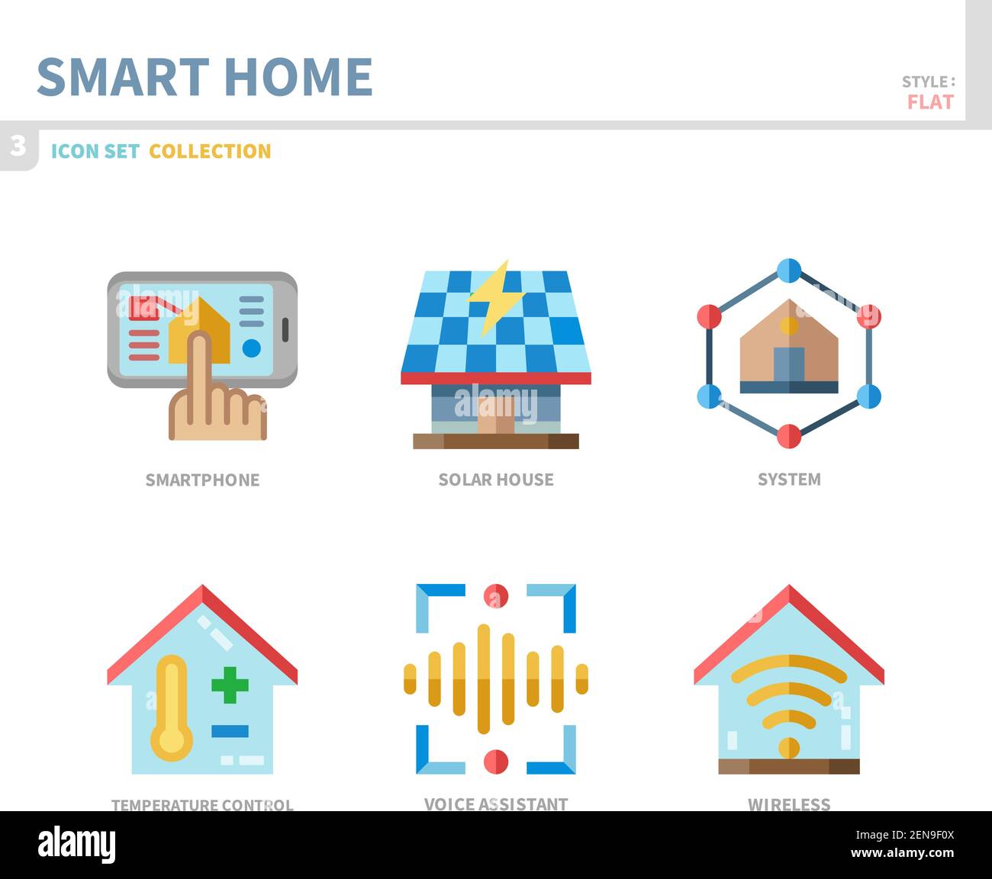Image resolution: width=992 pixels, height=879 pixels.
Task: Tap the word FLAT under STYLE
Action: point(930,102)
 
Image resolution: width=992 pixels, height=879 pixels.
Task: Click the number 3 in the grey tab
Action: point(18,145)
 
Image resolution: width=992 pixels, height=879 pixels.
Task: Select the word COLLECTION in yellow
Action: point(210,151)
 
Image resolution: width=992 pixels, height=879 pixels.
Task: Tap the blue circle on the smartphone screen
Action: point(251,348)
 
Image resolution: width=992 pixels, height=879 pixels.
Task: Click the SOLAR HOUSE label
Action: point(496,480)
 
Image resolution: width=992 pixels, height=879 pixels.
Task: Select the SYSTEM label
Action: point(789,480)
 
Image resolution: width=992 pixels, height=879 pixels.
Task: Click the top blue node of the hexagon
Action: point(789,270)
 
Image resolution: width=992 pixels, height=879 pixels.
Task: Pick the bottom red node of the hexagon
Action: point(789,436)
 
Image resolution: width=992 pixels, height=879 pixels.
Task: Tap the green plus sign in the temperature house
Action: point(230,685)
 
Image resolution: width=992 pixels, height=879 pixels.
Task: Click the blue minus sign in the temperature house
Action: point(230,731)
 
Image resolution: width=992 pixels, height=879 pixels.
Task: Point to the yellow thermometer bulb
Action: point(171,739)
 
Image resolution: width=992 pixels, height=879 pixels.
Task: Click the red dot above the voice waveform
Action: point(496,596)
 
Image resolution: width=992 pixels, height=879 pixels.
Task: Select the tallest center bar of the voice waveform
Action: point(483,679)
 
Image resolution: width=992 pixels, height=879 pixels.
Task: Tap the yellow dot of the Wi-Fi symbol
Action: point(789,748)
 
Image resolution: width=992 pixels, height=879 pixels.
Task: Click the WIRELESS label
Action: point(789,804)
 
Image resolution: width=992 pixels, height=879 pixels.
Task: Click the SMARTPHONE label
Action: point(202,480)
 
